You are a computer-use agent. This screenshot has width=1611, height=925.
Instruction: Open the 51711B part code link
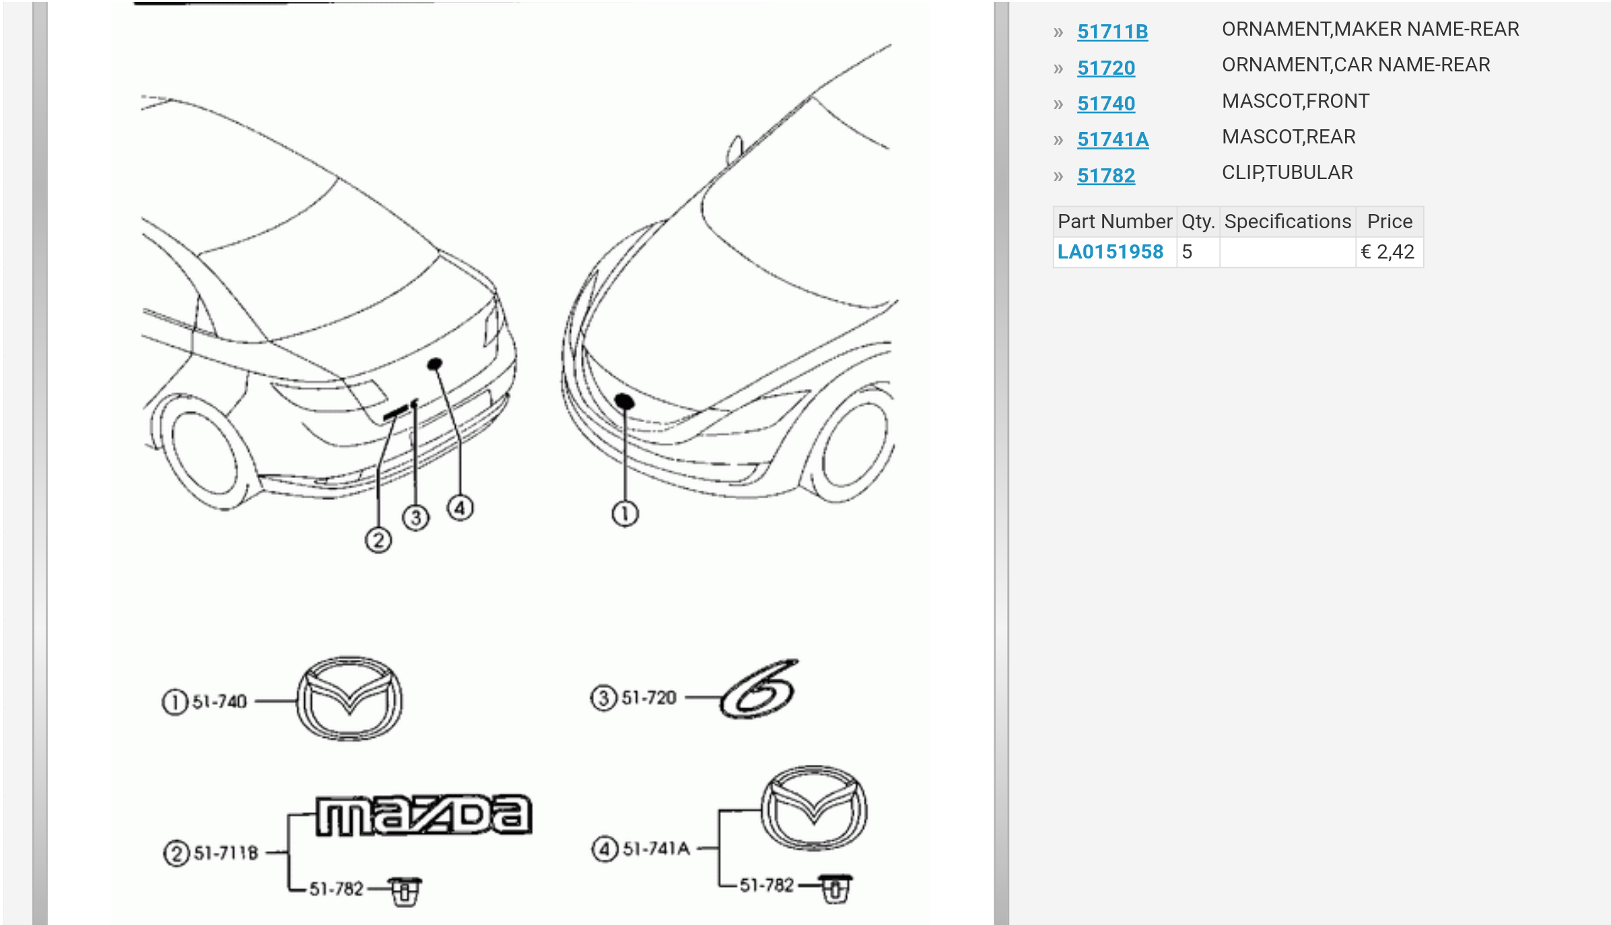tap(1112, 32)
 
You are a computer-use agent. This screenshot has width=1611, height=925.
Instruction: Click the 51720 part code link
tap(1106, 68)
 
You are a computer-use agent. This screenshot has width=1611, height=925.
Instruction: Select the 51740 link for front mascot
tap(1106, 104)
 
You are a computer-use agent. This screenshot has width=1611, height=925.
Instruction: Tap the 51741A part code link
tap(1113, 139)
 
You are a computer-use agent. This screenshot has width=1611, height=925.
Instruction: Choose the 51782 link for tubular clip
tap(1106, 176)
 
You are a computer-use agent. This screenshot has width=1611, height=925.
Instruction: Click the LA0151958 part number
tap(1110, 252)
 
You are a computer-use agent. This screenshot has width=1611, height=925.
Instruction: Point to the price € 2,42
tap(1387, 252)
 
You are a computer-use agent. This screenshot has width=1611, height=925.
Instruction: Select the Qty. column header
tap(1198, 221)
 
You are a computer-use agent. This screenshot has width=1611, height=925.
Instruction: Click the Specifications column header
tap(1287, 221)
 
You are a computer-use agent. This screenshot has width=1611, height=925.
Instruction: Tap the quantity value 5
tap(1187, 252)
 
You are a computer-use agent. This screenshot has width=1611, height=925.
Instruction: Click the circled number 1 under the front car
tap(625, 514)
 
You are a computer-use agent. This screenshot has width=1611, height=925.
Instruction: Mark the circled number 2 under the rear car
tap(378, 540)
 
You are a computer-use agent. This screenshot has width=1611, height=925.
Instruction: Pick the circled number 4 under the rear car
tap(460, 508)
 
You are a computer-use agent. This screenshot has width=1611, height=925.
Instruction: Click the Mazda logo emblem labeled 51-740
tap(350, 699)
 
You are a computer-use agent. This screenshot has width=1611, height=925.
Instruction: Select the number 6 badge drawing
tap(759, 689)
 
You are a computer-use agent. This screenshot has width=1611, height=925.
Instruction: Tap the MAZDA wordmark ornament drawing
tap(424, 816)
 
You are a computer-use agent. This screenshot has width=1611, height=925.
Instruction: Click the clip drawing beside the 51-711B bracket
tap(405, 891)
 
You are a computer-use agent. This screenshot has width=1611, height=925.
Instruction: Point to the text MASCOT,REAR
tap(1289, 137)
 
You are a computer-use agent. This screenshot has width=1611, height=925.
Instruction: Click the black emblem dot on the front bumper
tap(624, 401)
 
